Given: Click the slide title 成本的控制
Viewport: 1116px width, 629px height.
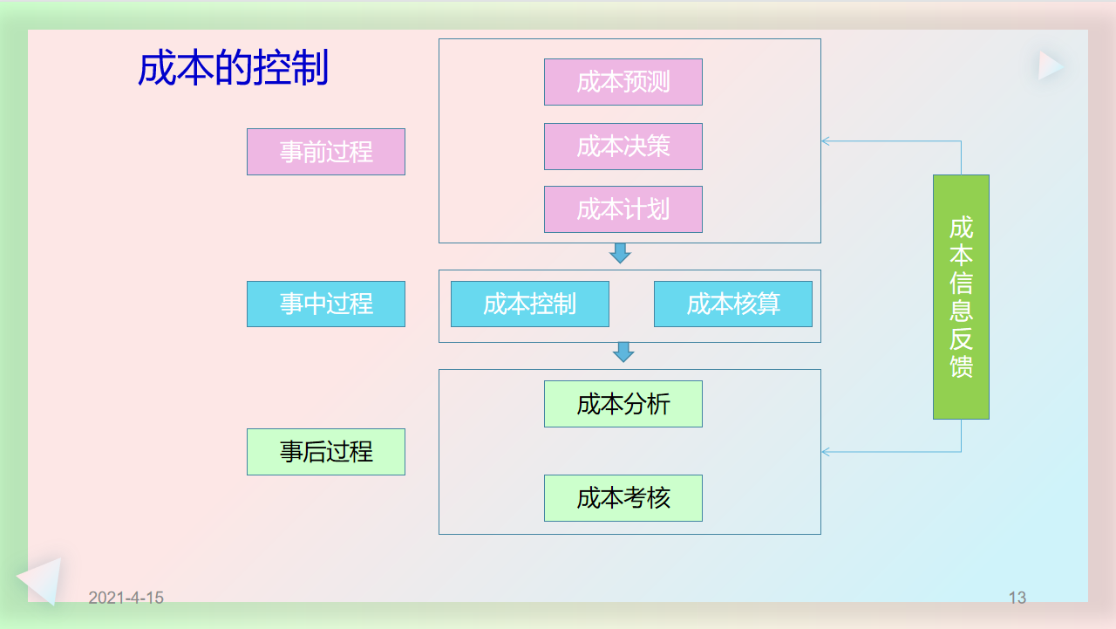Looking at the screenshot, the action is pos(233,68).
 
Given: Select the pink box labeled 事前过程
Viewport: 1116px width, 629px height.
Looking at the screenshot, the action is pos(326,152).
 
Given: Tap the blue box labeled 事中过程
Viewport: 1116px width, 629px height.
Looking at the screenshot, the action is pos(326,304).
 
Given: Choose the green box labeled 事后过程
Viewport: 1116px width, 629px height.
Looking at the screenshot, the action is pos(326,452).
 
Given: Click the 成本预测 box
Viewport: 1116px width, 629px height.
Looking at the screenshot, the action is pos(623,82).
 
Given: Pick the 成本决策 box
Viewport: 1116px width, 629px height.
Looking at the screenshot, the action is pos(623,147).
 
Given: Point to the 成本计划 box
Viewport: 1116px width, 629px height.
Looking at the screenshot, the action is pos(623,209).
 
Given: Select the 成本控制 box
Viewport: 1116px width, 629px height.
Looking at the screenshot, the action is pos(529,304).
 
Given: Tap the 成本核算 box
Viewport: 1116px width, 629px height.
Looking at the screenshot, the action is pos(733,304).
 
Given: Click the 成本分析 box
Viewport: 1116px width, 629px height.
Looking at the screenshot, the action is pos(623,404).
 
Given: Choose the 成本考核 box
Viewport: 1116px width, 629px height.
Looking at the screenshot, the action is pos(623,498).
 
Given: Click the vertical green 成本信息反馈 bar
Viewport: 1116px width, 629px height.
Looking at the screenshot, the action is pos(961,297).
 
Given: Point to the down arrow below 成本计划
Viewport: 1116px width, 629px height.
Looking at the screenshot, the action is pos(620,253).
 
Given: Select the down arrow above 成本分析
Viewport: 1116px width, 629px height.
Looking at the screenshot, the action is pos(623,352).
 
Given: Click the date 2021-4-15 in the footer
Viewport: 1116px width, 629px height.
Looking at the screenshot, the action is pos(126,598).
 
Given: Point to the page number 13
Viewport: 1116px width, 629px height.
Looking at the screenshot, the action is pos(1017,598).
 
